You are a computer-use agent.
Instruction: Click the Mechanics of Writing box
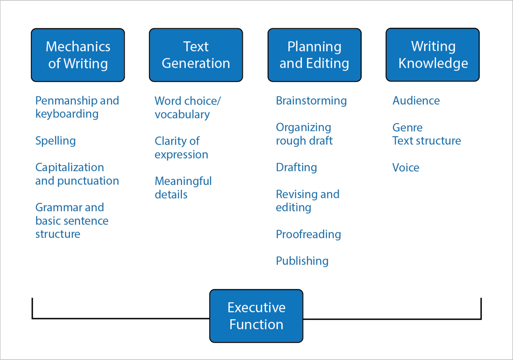tap(78, 55)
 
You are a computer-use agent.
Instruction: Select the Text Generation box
tap(196, 55)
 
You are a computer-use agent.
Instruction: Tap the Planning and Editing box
tap(315, 55)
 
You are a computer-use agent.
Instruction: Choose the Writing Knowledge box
tap(432, 55)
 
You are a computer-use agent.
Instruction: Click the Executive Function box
tap(256, 316)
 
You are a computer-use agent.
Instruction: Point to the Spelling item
tap(56, 141)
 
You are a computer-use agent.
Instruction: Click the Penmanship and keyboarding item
tap(77, 107)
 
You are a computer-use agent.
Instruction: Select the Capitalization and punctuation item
tap(77, 174)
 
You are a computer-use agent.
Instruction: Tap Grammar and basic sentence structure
tap(72, 220)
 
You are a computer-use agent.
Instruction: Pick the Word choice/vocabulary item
tap(187, 107)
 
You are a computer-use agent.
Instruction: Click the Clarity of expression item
tap(181, 147)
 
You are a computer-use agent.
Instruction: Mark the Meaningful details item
tap(183, 188)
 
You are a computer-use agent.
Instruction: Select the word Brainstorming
tap(311, 101)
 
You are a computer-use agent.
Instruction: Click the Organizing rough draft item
tap(304, 134)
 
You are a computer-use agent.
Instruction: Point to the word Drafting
tap(296, 168)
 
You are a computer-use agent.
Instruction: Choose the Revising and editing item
tap(307, 201)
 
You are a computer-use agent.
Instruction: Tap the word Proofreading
tap(308, 234)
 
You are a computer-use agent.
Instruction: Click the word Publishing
tap(302, 261)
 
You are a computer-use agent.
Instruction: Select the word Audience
tap(416, 101)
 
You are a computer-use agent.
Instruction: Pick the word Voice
tap(406, 168)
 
